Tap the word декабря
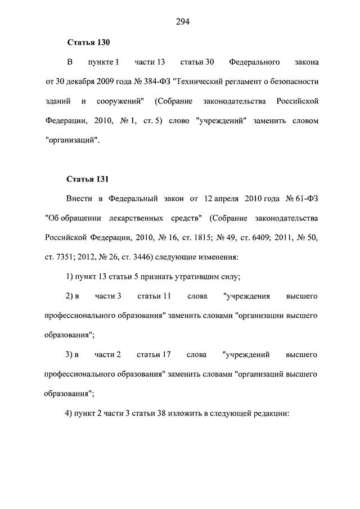pyautogui.click(x=82, y=82)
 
